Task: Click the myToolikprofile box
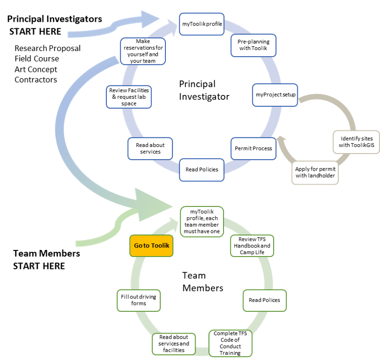[202, 24]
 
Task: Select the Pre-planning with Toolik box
[253, 45]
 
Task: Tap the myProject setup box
[276, 95]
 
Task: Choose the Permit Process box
[253, 148]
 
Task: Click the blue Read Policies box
[202, 169]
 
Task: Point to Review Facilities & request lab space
[129, 96]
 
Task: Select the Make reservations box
[143, 51]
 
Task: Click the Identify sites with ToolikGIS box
[355, 141]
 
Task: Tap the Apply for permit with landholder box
[316, 172]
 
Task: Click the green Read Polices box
[264, 300]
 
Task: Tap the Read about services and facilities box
[173, 343]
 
